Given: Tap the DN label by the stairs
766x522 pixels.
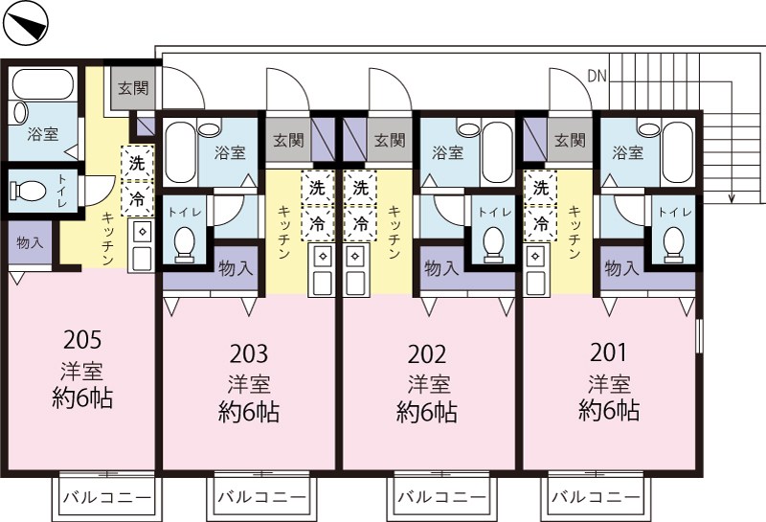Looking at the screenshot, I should [x=597, y=75].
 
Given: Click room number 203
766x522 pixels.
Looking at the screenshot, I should [x=248, y=352].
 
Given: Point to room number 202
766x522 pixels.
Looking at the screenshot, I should [x=428, y=352].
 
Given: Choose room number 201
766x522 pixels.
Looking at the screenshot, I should [x=609, y=352].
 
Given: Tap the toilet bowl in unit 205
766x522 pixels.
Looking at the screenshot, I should [x=27, y=191].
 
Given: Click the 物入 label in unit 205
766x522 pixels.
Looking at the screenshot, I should [x=30, y=243].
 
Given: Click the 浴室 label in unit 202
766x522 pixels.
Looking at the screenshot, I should [x=446, y=152].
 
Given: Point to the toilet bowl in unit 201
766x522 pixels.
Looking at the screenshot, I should [x=674, y=241].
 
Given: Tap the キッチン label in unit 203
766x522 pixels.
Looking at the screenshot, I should [x=283, y=233].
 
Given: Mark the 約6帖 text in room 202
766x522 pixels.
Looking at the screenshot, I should [x=427, y=412].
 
